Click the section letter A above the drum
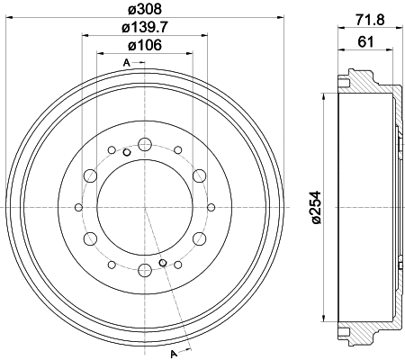[128, 61]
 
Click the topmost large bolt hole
[145, 144]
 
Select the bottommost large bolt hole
[145, 270]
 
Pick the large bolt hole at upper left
[91, 175]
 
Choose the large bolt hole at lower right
[199, 238]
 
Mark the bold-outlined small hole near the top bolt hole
[127, 151]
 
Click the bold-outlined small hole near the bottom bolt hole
[163, 263]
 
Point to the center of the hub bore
[145, 207]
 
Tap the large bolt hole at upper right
[199, 175]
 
